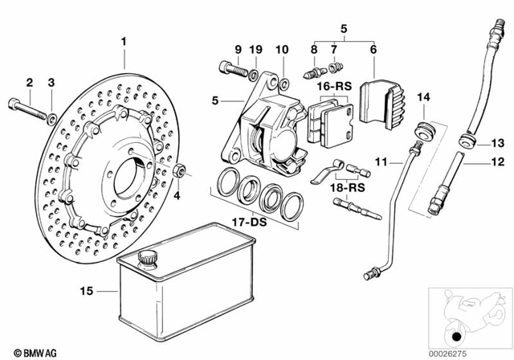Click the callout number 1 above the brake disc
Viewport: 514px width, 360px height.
click(x=124, y=40)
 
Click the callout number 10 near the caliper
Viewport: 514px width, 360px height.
click(x=283, y=50)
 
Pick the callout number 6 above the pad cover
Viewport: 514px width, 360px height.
click(x=373, y=50)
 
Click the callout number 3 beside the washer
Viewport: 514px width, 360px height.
click(x=51, y=82)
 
